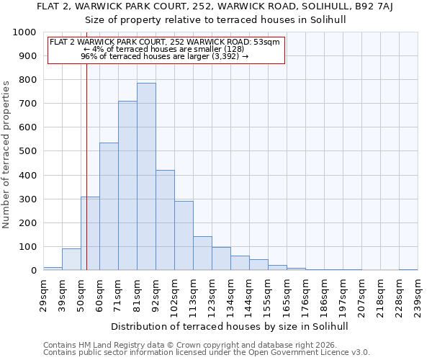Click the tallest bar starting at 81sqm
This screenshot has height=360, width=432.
[146, 176]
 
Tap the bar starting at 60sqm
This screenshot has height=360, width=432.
[109, 207]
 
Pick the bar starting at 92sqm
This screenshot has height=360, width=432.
[165, 220]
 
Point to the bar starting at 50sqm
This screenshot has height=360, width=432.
[90, 233]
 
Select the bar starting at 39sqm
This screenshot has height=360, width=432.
[71, 259]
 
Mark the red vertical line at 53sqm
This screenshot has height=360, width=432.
[86, 166]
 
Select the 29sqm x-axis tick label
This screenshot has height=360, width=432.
[43, 295]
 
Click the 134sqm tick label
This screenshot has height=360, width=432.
[230, 295]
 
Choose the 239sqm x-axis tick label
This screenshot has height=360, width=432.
[418, 295]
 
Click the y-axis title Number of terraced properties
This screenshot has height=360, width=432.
[6, 154]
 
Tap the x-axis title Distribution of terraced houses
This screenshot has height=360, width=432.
[230, 326]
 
